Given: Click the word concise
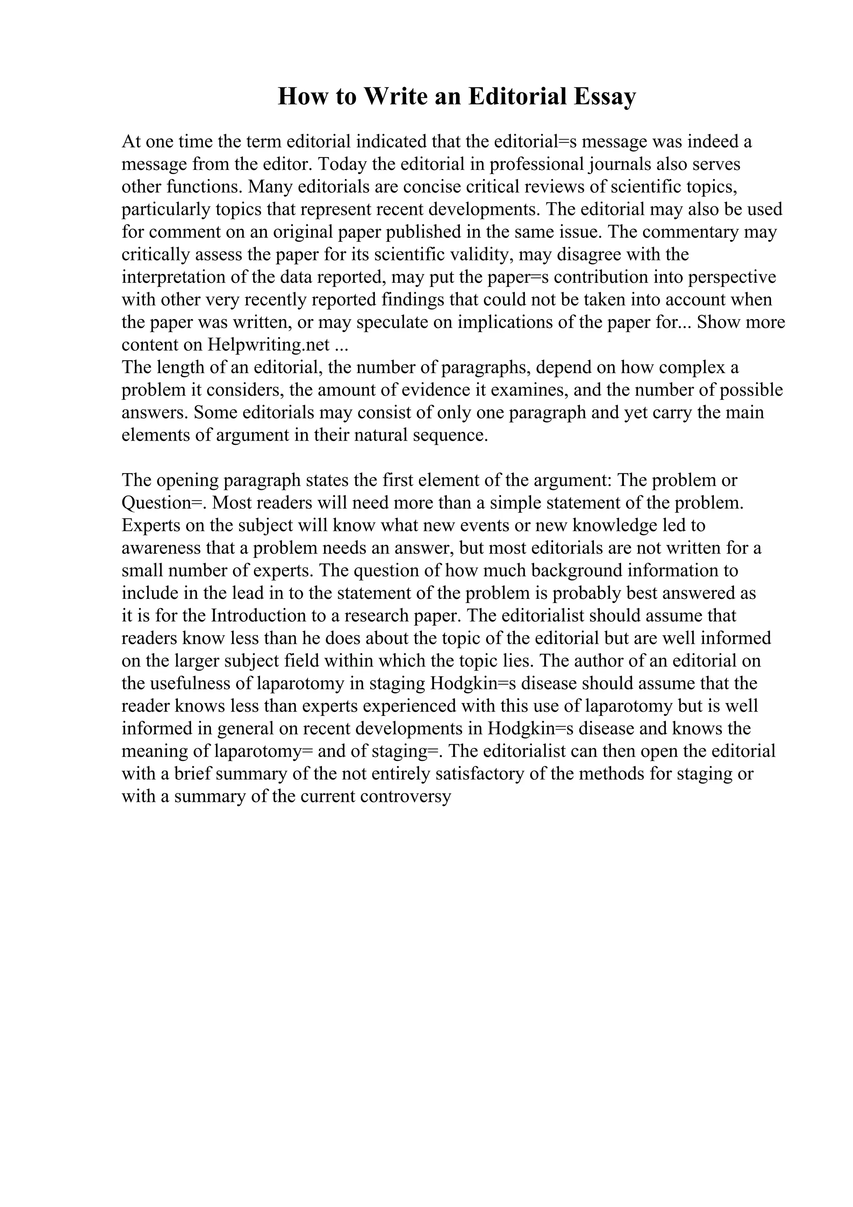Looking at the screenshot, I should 418,187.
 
